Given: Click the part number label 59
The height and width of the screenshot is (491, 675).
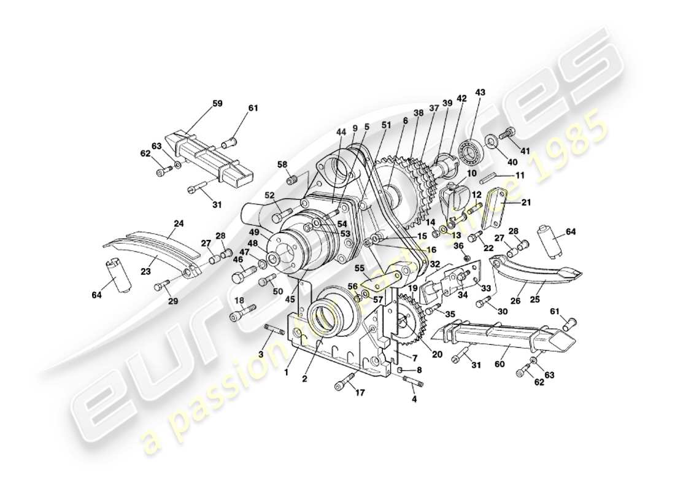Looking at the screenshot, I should click(x=218, y=103).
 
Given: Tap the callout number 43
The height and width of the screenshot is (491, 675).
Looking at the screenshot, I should click(x=480, y=92).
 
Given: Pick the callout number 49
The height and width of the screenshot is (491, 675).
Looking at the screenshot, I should click(x=254, y=232).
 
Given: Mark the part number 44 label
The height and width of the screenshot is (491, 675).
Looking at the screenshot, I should click(x=341, y=132).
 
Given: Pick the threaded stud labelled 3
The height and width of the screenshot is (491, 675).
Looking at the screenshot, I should click(x=274, y=331).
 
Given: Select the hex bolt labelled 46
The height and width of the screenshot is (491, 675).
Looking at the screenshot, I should click(x=240, y=277).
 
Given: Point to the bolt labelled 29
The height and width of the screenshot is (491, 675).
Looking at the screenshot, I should click(x=163, y=284).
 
